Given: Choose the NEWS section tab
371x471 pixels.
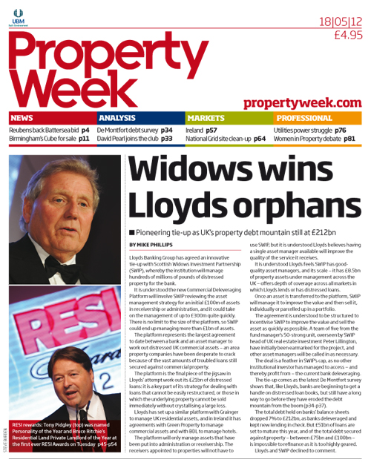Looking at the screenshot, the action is pyautogui.click(x=22, y=118).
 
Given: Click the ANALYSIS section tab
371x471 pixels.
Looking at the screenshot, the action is pyautogui.click(x=117, y=118).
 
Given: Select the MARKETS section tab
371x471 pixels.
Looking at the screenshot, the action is pyautogui.click(x=206, y=118).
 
